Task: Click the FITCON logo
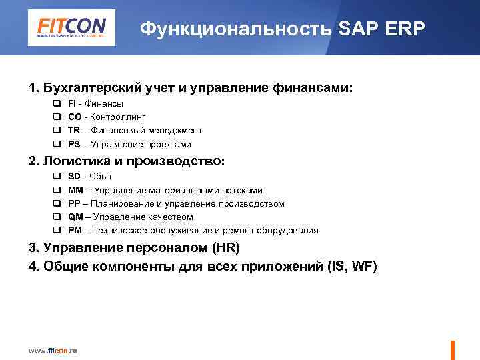tap(71, 29)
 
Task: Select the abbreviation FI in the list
tap(72, 104)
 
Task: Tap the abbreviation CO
tap(75, 117)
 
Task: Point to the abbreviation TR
tap(74, 131)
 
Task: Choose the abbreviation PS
tap(74, 144)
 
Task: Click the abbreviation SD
tap(75, 177)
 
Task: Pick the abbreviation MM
tap(75, 190)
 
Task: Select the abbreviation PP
tap(74, 203)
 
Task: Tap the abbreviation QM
tap(75, 217)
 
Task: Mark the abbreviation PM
tap(75, 230)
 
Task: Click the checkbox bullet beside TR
tap(57, 131)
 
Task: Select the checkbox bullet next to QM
tap(57, 217)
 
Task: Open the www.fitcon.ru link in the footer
tap(53, 351)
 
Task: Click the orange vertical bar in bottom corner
tap(453, 350)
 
